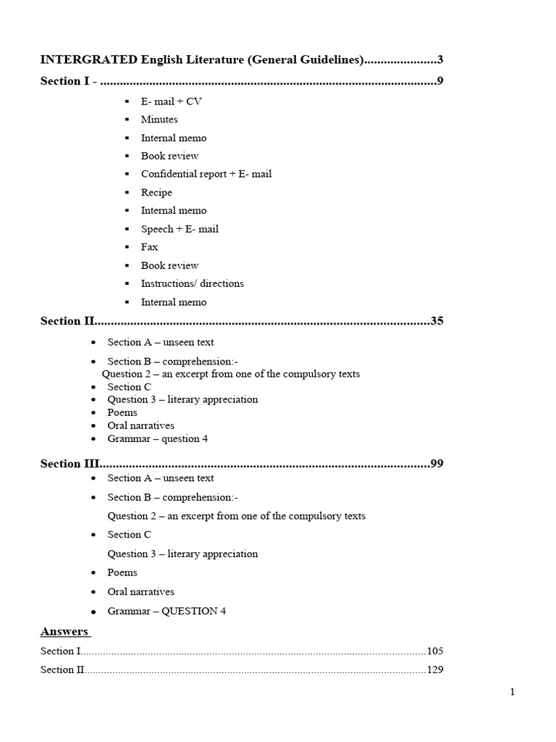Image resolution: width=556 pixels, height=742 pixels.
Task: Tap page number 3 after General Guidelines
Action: (440, 59)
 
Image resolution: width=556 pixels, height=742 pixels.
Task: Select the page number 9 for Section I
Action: (440, 81)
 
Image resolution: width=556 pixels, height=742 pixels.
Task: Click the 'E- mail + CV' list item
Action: (171, 101)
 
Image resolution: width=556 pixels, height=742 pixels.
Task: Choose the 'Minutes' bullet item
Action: (159, 120)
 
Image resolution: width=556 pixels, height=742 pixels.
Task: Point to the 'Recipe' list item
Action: (156, 193)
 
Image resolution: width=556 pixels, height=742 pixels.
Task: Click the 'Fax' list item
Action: (149, 247)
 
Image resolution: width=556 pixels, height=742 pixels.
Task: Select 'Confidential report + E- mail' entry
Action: (206, 174)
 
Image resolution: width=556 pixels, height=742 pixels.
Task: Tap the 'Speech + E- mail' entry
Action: (180, 229)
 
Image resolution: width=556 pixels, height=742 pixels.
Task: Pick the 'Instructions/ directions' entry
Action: (192, 283)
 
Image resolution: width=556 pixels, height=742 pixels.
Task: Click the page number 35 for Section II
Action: (437, 321)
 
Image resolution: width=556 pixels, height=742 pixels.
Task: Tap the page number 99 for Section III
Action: (437, 464)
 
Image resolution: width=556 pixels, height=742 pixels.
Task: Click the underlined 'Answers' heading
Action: (64, 631)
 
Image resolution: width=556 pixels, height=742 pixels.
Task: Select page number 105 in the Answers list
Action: (435, 651)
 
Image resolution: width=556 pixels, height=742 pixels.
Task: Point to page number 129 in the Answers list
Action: (435, 670)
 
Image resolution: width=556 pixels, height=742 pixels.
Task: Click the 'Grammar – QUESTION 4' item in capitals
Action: (167, 611)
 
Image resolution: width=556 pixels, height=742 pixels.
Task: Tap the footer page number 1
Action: (513, 692)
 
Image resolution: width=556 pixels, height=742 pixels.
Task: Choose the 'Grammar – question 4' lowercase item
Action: (158, 438)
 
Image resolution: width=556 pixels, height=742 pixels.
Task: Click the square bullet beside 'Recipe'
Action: (127, 193)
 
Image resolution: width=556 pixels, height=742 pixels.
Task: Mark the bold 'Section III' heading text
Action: (69, 464)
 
